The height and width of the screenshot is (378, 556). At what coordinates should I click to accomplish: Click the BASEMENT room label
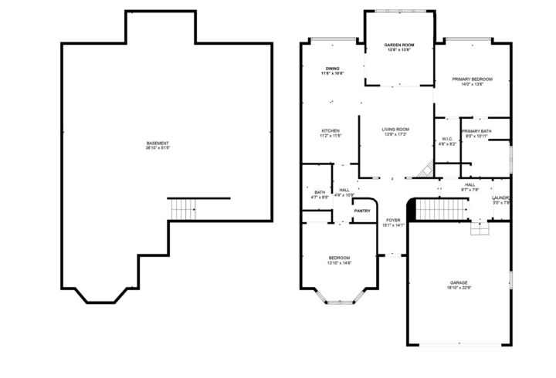tap(158, 143)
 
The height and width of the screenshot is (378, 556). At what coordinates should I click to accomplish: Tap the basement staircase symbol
tap(183, 208)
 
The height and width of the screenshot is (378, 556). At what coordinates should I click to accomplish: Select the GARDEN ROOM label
tap(399, 46)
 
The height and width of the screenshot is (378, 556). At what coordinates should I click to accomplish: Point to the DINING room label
tap(332, 69)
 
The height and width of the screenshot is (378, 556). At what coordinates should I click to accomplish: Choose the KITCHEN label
tap(331, 131)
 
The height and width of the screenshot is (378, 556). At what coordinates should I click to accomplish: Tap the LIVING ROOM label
tap(395, 129)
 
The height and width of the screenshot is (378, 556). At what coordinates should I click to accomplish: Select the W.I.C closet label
tap(447, 139)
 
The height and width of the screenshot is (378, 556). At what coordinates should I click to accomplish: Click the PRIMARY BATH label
tap(476, 131)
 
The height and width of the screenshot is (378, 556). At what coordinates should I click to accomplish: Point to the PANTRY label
tap(362, 211)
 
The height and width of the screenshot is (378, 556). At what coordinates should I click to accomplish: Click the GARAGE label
tap(459, 283)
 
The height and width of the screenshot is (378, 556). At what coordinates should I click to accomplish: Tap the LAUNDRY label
tap(502, 198)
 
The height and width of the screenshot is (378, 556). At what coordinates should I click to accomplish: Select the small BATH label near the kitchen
tap(319, 192)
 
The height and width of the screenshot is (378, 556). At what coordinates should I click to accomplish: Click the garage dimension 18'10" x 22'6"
tap(459, 289)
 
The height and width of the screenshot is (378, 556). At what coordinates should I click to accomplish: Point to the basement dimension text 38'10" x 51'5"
tap(158, 148)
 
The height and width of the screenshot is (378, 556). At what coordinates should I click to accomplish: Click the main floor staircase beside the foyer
tap(440, 208)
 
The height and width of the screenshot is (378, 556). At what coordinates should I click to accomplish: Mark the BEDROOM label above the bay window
tap(339, 258)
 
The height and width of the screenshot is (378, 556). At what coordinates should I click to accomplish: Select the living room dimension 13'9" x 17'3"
tap(395, 135)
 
